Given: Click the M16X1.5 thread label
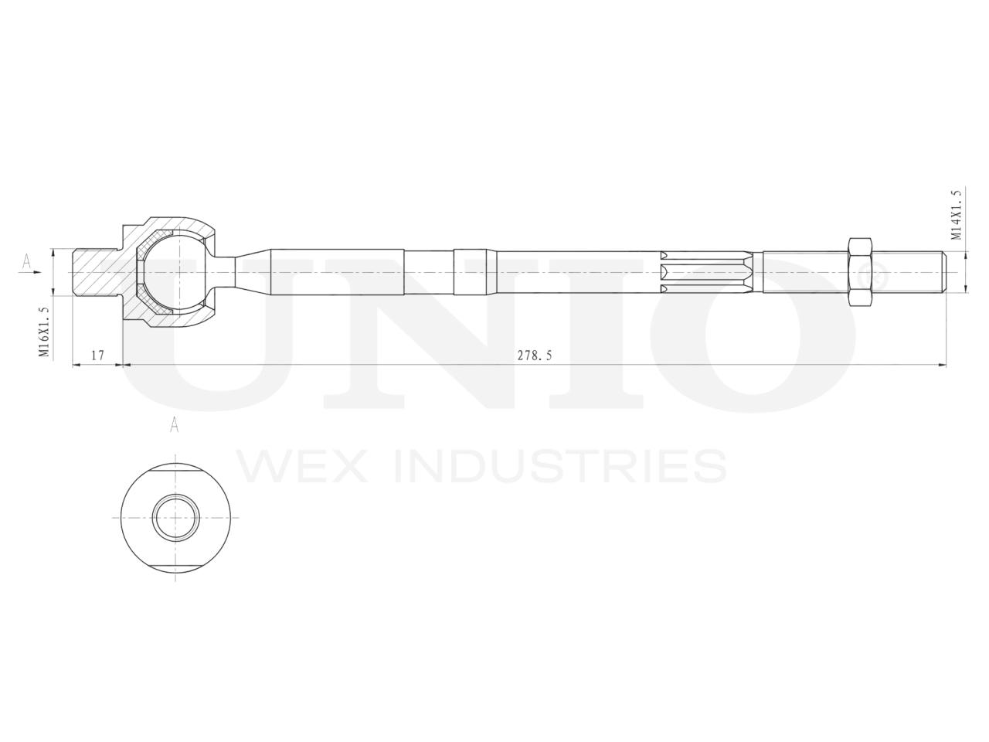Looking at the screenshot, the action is tap(43, 331).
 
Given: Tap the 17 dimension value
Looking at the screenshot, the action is tap(97, 356).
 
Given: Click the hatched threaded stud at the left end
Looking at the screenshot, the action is tap(93, 272).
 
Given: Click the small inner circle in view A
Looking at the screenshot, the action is tap(175, 517).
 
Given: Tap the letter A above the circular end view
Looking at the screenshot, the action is tap(175, 424).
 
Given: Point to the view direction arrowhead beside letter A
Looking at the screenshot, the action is tap(36, 271).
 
